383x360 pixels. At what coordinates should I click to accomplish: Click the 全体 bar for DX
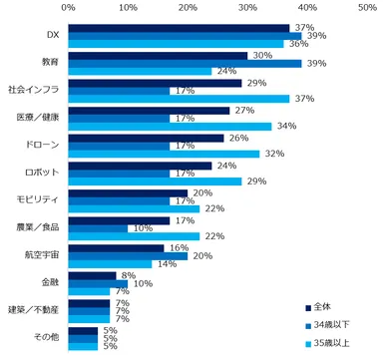click(x=180, y=28)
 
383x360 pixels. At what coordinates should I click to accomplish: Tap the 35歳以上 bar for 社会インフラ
click(x=180, y=99)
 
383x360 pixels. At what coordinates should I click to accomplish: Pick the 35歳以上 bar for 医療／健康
click(x=171, y=126)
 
